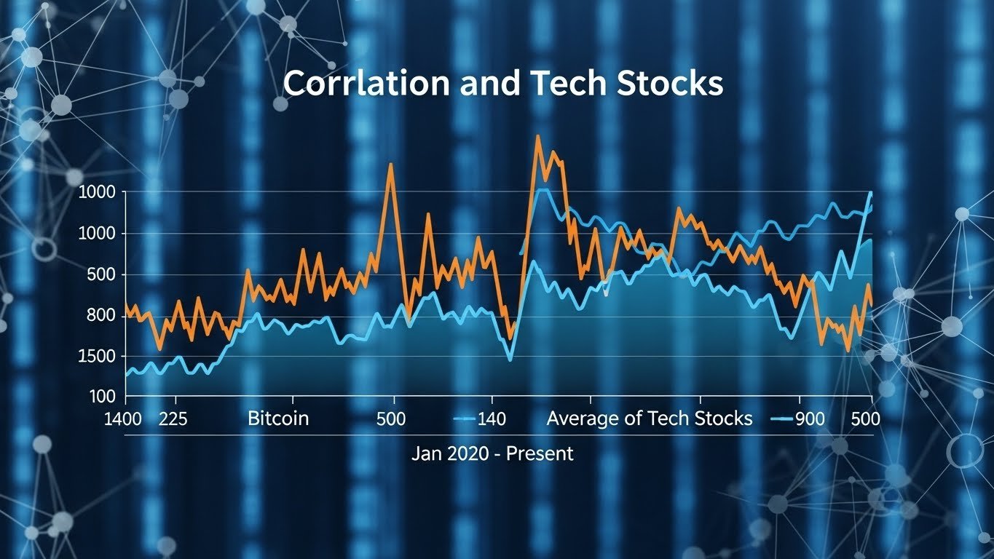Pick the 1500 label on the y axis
(x=102, y=356)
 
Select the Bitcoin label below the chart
(x=278, y=419)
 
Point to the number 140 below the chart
(x=491, y=419)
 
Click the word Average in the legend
(x=583, y=419)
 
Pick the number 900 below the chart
(x=810, y=419)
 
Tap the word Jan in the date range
(x=425, y=453)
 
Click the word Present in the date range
(x=540, y=453)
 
